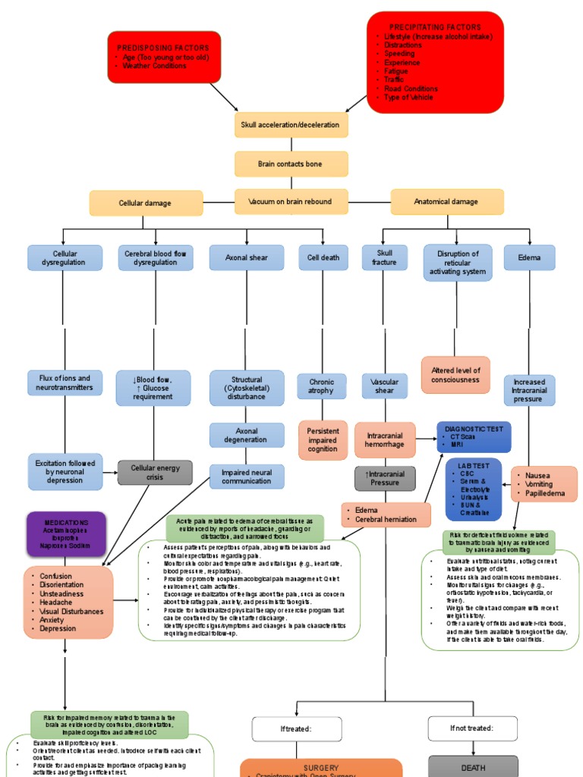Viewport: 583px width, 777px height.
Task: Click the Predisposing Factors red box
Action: click(164, 57)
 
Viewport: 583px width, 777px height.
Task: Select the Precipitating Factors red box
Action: click(435, 62)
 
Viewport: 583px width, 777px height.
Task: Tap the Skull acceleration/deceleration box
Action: click(291, 124)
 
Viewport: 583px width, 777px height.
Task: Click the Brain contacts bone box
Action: click(291, 164)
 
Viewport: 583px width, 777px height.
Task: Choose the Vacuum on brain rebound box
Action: click(291, 202)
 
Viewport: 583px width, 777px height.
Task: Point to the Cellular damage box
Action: click(146, 203)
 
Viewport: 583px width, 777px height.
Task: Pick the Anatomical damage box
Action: click(446, 203)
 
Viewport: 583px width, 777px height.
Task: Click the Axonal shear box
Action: click(247, 258)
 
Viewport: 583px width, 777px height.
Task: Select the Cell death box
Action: click(323, 258)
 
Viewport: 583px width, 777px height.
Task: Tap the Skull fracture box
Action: click(384, 258)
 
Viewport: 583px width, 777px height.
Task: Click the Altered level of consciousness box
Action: click(455, 375)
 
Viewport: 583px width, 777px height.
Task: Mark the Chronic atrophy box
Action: click(322, 385)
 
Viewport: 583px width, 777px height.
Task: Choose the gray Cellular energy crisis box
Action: click(155, 473)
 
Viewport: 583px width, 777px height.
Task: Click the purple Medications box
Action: click(66, 534)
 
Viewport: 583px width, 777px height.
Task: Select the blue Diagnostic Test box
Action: click(473, 436)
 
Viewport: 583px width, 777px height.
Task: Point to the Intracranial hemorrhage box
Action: click(385, 441)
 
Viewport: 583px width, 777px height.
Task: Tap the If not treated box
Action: click(473, 728)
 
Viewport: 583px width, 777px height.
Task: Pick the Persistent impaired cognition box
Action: click(323, 440)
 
